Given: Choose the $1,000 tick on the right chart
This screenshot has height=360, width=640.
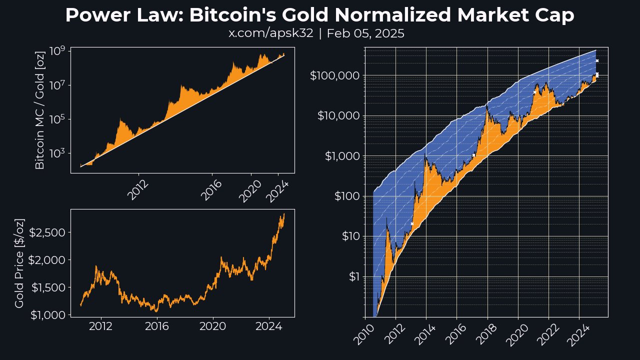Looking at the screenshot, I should (340, 156).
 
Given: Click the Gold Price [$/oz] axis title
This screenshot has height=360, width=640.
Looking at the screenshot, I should (19, 262).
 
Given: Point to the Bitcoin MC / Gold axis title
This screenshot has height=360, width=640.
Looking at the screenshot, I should (40, 110).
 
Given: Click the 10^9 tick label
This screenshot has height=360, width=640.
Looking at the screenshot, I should (58, 51).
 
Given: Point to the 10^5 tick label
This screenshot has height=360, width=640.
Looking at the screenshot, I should (58, 119).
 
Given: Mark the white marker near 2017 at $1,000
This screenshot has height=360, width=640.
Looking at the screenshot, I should (473, 155).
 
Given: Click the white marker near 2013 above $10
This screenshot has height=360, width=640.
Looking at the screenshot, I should (412, 223).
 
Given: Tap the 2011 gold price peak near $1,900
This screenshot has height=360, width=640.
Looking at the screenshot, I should (95, 266).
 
